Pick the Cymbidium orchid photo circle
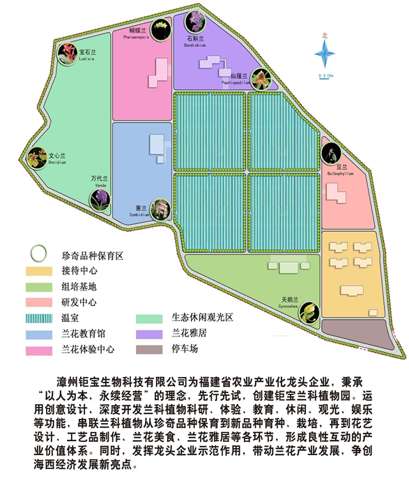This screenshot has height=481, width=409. (160, 209)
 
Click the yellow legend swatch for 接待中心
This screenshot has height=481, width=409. (39, 271)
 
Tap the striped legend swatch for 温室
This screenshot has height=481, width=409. (39, 318)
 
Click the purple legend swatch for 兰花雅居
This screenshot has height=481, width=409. (147, 334)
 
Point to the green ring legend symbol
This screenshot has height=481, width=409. (38, 253)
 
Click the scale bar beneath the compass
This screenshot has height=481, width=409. (326, 71)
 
